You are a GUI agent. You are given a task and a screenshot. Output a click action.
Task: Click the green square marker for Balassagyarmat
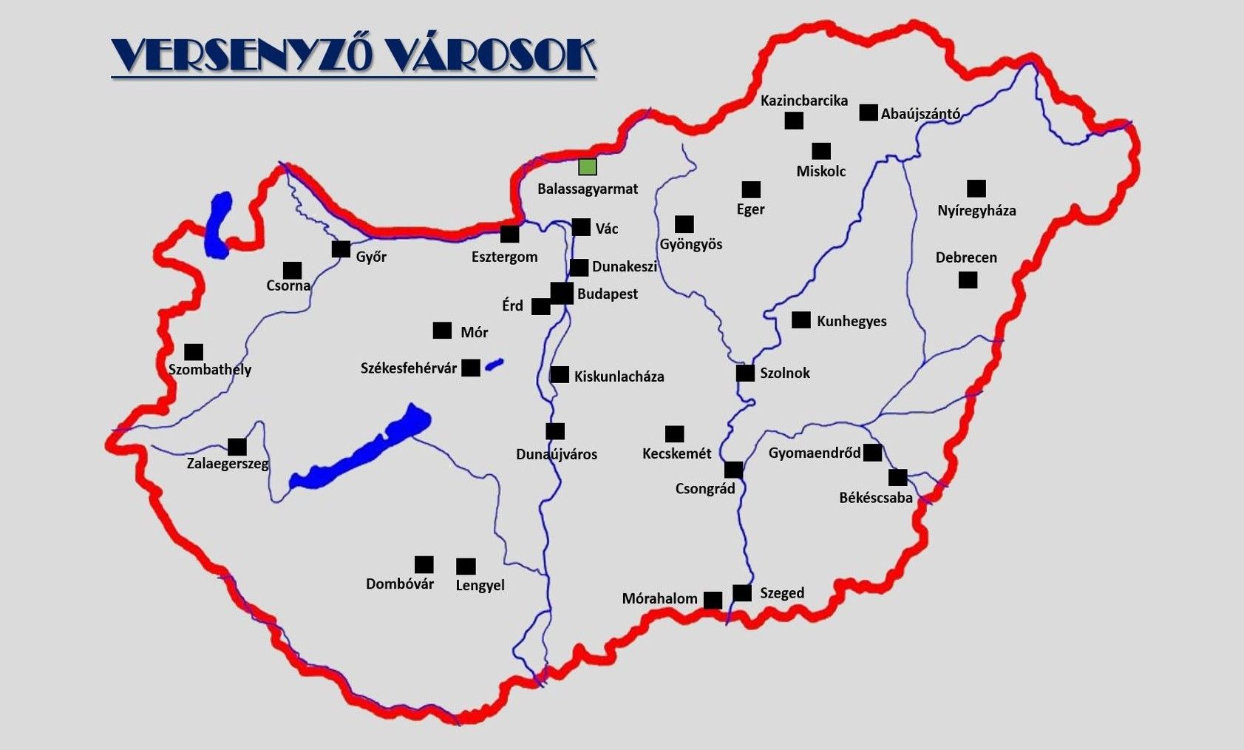pyautogui.click(x=588, y=167)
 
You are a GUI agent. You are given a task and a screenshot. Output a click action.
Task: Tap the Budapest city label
pyautogui.click(x=607, y=294)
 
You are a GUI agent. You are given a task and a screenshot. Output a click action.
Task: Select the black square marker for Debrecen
pyautogui.click(x=968, y=280)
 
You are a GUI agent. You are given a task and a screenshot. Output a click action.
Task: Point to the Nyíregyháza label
pyautogui.click(x=976, y=211)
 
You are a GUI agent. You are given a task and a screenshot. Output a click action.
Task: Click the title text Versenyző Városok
pyautogui.click(x=353, y=55)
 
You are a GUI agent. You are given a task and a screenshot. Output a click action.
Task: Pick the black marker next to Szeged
pyautogui.click(x=742, y=592)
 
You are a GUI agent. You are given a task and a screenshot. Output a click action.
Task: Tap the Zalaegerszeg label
pyautogui.click(x=228, y=464)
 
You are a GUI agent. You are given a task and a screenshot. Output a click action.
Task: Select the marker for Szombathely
pyautogui.click(x=194, y=352)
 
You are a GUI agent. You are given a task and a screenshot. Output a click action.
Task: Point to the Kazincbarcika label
pyautogui.click(x=803, y=101)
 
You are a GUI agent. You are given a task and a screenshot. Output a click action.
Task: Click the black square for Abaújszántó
pyautogui.click(x=869, y=112)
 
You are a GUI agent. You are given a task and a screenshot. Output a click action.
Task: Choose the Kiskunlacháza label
pyautogui.click(x=619, y=376)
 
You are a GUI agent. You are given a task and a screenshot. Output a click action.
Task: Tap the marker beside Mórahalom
pyautogui.click(x=713, y=600)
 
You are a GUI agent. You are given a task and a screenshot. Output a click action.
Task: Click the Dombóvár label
pyautogui.click(x=400, y=584)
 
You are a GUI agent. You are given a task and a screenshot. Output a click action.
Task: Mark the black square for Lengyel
pyautogui.click(x=466, y=567)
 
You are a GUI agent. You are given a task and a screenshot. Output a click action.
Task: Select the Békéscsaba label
pyautogui.click(x=876, y=498)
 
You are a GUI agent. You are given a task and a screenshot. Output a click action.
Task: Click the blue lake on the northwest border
pyautogui.click(x=219, y=225)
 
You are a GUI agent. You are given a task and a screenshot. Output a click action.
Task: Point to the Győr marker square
pyautogui.click(x=341, y=249)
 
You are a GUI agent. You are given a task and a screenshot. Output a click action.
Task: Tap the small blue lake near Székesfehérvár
pyautogui.click(x=494, y=363)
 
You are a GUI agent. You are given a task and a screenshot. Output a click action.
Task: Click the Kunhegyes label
pyautogui.click(x=852, y=321)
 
